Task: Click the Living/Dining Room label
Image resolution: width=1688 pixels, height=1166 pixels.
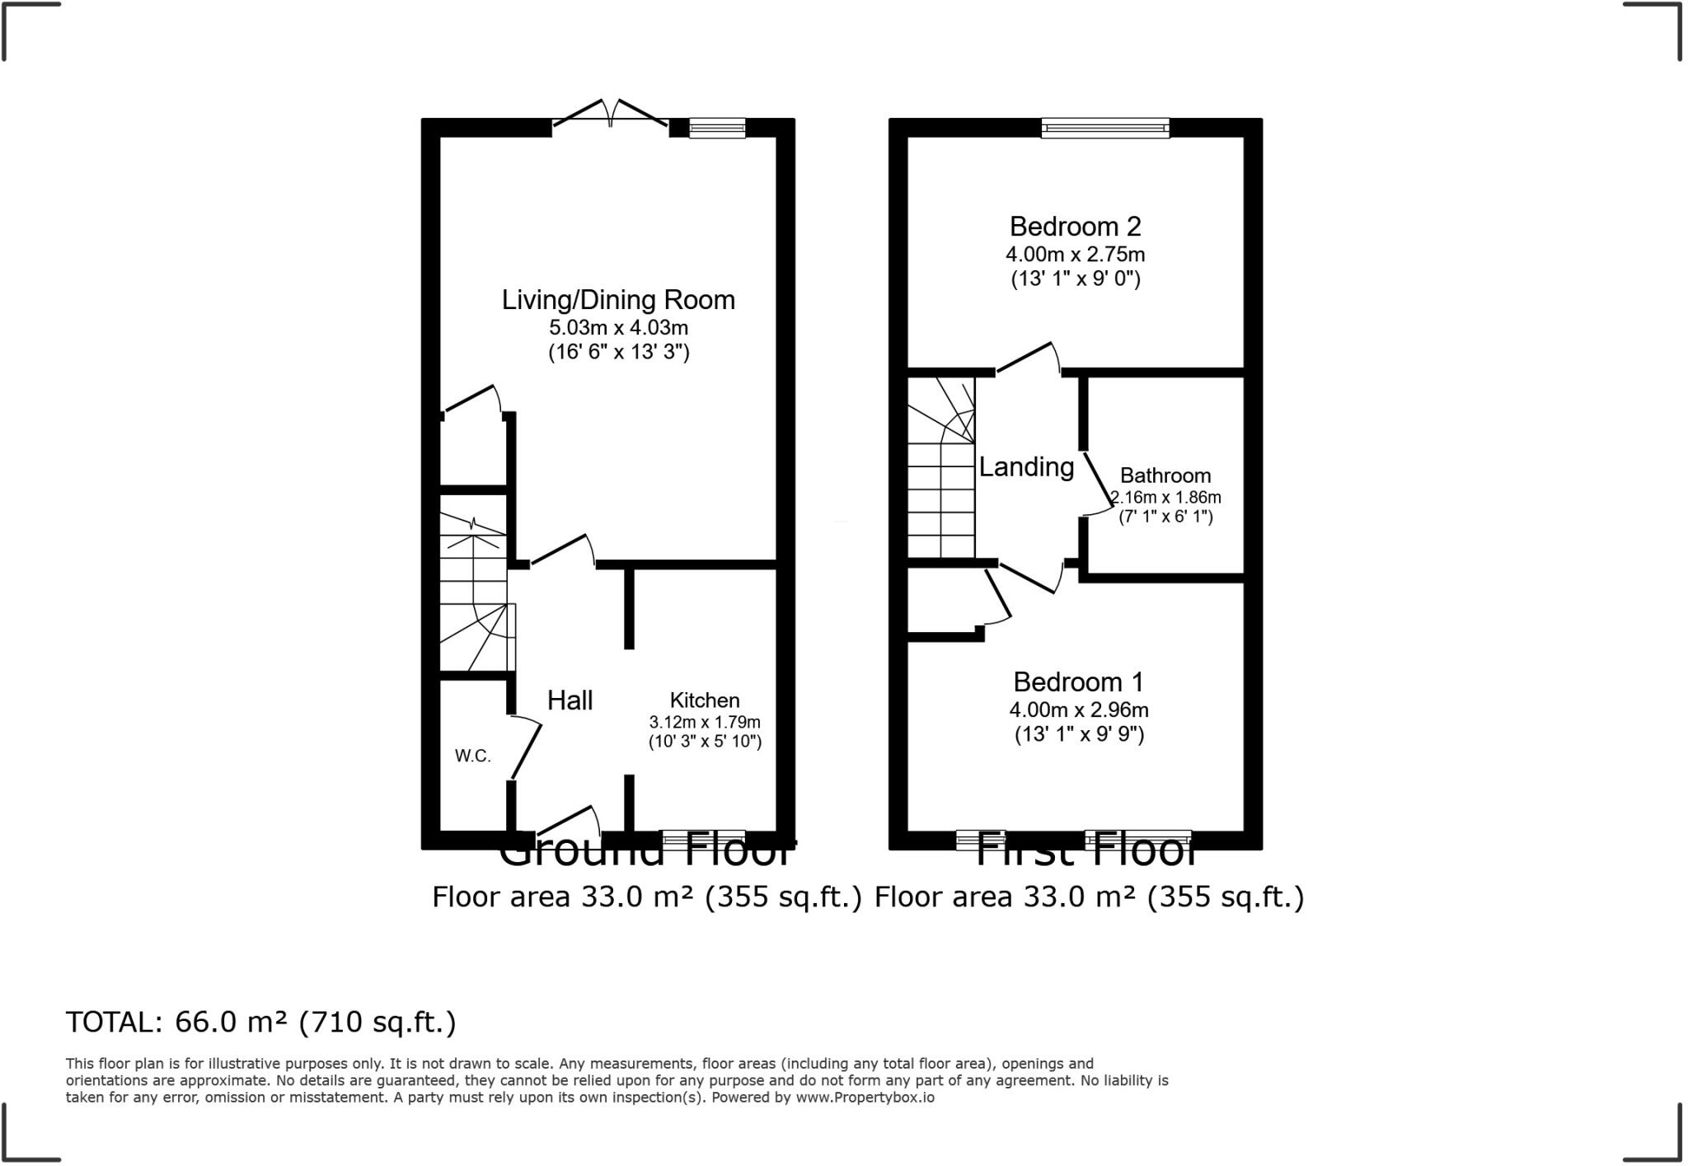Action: pos(618,300)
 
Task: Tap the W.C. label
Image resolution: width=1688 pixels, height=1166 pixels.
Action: pos(473,756)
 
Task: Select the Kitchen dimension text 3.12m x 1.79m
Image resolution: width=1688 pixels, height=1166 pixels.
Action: pos(705,723)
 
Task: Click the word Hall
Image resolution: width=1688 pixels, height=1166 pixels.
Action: pos(570,700)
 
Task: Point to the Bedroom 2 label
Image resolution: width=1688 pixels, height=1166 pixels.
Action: pos(1075,226)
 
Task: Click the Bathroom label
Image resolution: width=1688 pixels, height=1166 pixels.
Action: pos(1165,475)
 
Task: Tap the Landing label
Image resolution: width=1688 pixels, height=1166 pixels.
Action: pos(1026,467)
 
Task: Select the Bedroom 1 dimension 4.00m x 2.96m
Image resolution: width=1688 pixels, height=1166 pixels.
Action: pos(1079,709)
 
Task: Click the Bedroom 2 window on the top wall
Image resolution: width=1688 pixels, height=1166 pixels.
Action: pos(1105,127)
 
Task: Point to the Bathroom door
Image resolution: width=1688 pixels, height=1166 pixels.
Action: pos(1097,483)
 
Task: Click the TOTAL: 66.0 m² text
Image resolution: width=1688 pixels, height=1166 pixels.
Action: pos(260,1023)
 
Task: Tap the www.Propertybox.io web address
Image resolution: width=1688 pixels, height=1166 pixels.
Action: pos(865,1098)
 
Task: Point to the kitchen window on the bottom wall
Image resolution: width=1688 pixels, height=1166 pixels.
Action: pos(703,839)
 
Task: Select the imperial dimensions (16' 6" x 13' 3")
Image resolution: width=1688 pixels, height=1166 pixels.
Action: pos(618,353)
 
